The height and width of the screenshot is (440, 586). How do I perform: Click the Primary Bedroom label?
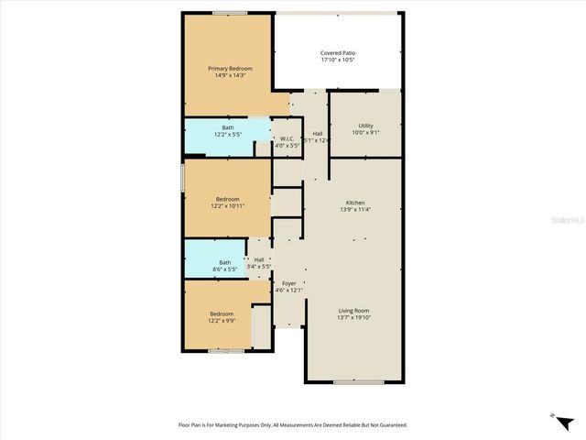[230, 69]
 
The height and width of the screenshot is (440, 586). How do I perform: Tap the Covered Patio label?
[338, 53]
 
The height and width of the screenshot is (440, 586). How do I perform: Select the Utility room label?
[365, 126]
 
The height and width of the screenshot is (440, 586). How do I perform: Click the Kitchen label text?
[355, 202]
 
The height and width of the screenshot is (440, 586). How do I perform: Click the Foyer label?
[288, 283]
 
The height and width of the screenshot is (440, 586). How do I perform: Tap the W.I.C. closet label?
[287, 138]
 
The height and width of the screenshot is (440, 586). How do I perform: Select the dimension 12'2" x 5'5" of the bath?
[227, 135]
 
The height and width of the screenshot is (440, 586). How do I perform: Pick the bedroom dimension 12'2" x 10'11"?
[228, 206]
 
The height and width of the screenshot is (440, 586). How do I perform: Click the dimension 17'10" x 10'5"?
[338, 60]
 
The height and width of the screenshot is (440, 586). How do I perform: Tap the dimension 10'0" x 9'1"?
[365, 133]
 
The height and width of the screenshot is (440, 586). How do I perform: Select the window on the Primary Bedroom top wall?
[229, 13]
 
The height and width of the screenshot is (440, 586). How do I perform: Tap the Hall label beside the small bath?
[259, 260]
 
